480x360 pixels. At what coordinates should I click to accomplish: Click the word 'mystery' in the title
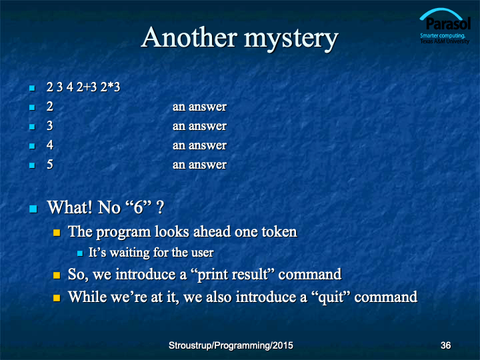[x=291, y=39]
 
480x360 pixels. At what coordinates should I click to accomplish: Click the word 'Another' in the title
[x=189, y=37]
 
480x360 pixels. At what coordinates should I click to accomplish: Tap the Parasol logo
[x=445, y=26]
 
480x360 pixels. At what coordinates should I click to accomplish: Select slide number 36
[x=445, y=345]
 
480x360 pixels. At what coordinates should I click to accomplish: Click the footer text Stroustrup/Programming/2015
[x=231, y=345]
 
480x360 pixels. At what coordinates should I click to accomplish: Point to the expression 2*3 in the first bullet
[x=110, y=87]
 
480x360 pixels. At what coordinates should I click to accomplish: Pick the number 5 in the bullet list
[x=49, y=165]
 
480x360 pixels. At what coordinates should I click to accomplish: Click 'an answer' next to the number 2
[x=199, y=107]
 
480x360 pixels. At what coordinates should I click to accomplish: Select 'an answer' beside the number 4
[x=199, y=145]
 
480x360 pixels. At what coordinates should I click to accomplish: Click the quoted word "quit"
[x=330, y=297]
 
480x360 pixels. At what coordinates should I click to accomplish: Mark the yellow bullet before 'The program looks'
[x=57, y=233]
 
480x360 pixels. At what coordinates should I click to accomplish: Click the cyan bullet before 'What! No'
[x=33, y=209]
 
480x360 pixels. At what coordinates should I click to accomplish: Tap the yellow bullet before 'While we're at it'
[x=57, y=298]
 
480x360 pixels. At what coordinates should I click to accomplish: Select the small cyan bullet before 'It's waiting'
[x=80, y=253]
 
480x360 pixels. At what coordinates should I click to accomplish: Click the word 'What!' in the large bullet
[x=69, y=207]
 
